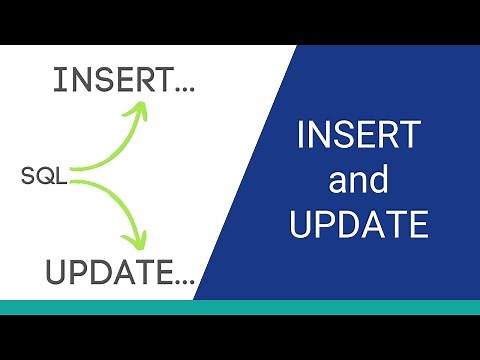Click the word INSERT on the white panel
pos(98,81)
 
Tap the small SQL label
pos(44,177)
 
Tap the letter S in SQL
pos(28,177)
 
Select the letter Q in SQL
pos(44,177)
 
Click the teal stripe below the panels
pos(240,307)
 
